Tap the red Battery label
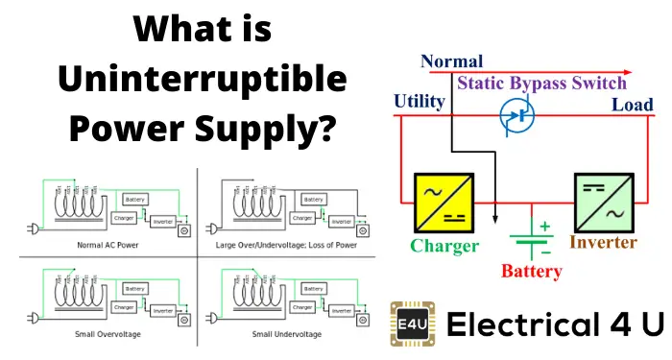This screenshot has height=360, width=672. point(531,271)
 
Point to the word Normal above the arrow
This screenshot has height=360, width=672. point(451,61)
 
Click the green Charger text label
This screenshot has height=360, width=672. point(444,246)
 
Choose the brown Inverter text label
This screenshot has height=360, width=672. point(603,242)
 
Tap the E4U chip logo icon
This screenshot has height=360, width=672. point(409,323)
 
